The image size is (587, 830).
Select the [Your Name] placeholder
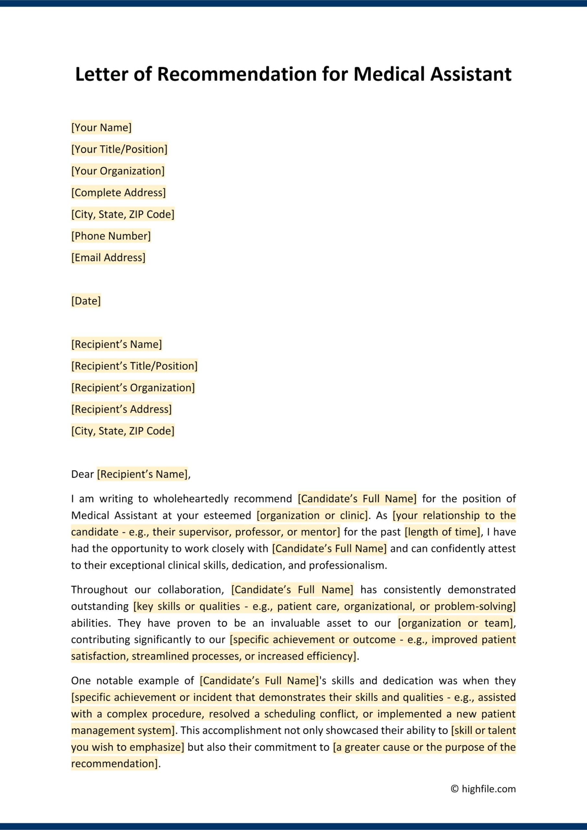coord(101,128)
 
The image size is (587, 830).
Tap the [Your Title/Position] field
coord(119,149)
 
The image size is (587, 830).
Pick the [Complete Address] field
coord(118,193)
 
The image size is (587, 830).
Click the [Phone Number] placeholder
coord(111,236)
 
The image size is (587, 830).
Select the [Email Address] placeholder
coord(108,258)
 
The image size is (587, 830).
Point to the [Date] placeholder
coord(86,301)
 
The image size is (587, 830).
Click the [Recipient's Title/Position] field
coord(134,366)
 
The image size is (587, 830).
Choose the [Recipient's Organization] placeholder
coord(133,388)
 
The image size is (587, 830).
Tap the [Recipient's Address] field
coord(121,409)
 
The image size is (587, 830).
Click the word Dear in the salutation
coord(82,474)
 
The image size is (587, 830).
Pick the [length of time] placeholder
coord(442,532)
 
